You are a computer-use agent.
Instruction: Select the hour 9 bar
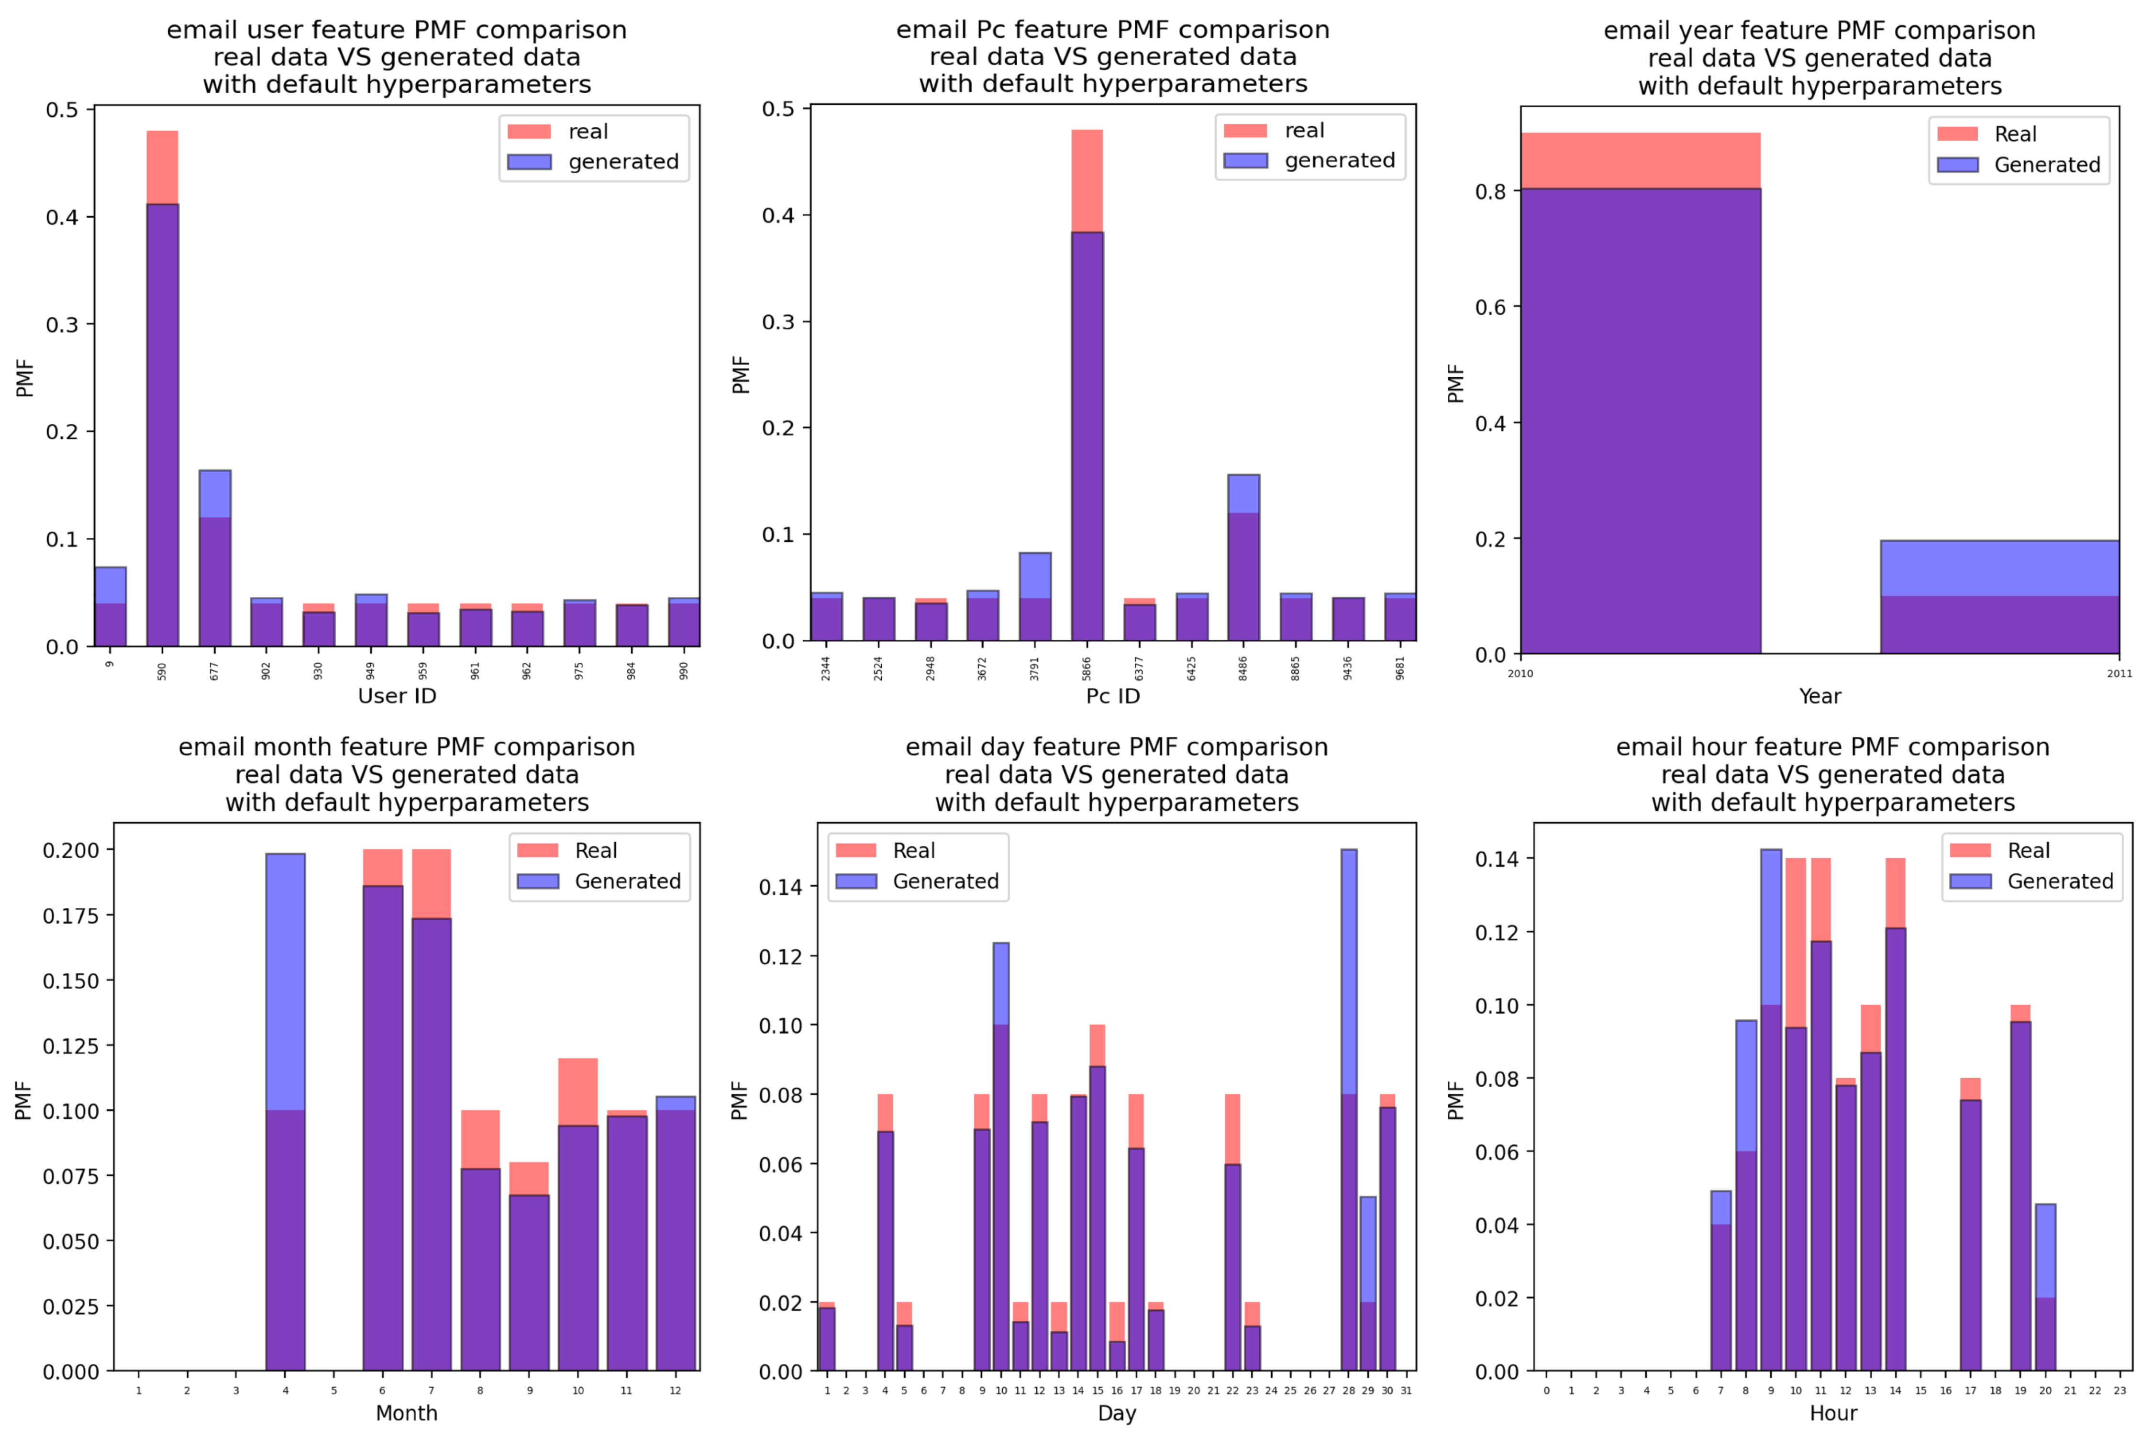pos(1771,1147)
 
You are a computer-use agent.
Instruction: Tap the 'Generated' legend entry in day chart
pos(945,881)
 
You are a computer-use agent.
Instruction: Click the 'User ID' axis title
pos(397,696)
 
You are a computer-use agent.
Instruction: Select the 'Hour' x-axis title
pos(1833,1413)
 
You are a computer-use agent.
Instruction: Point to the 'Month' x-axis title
pos(406,1413)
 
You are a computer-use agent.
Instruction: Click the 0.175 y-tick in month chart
pos(71,915)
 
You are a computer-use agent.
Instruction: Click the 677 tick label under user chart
pos(214,671)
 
